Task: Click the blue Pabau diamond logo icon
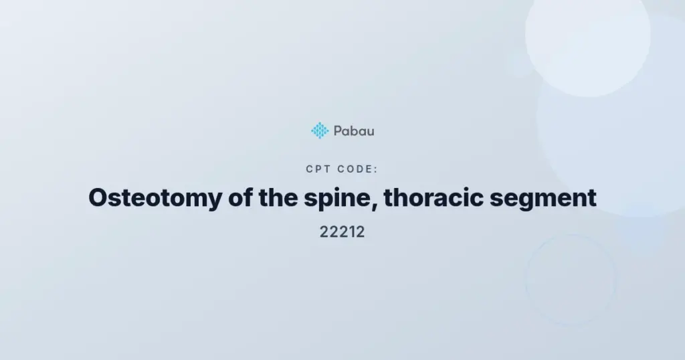coord(320,130)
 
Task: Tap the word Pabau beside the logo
coord(354,131)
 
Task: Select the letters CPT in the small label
coord(318,169)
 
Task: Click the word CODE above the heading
coord(355,169)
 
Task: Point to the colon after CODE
coord(376,170)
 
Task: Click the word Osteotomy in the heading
coord(155,197)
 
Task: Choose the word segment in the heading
coord(543,199)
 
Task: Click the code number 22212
coord(342,232)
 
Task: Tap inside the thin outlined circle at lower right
coord(571,280)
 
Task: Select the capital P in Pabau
coord(338,131)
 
